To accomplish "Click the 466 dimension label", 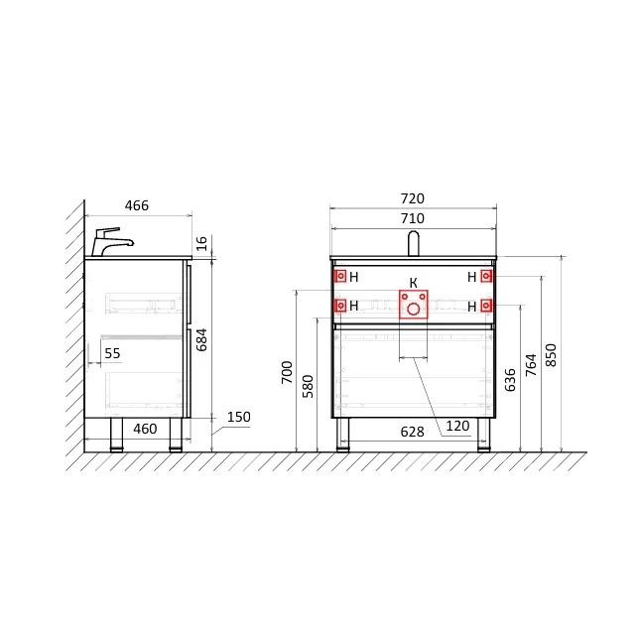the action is (137, 205).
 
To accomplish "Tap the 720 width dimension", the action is (413, 198).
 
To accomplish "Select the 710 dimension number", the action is (413, 218).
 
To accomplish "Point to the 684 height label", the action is (201, 339).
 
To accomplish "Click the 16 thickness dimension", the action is (201, 243).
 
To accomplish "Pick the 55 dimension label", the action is (112, 353).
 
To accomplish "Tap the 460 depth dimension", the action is (145, 429).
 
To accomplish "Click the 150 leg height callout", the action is (239, 417).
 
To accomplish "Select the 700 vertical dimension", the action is (287, 372).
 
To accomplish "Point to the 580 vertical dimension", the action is (308, 386).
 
